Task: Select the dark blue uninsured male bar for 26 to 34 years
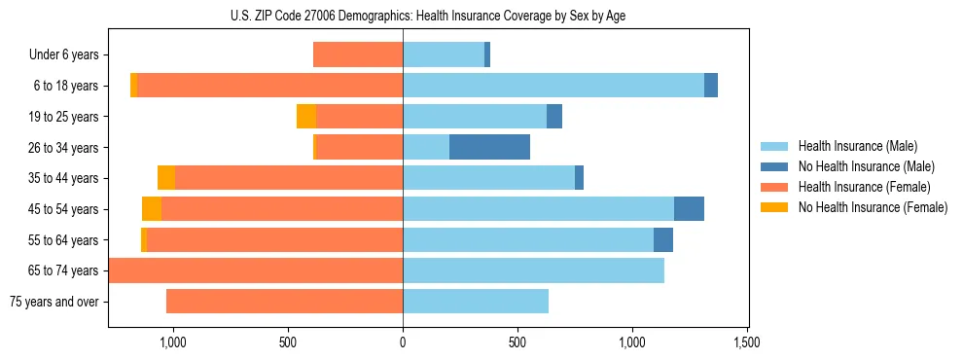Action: (x=489, y=147)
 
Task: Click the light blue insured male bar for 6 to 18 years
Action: (x=553, y=86)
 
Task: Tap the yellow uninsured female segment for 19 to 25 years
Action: (x=306, y=117)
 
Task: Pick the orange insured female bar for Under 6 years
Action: (x=358, y=54)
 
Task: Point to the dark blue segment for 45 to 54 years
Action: (x=689, y=209)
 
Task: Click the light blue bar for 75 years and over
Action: (x=476, y=302)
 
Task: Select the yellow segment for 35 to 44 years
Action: (x=166, y=178)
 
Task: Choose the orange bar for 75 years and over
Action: (x=284, y=302)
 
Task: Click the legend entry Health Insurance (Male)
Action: (x=857, y=146)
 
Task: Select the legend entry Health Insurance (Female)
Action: (x=864, y=187)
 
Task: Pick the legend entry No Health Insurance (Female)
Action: (x=873, y=207)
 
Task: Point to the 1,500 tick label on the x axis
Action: (x=747, y=342)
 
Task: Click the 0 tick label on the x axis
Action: (x=403, y=342)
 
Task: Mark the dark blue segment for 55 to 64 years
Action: (x=663, y=239)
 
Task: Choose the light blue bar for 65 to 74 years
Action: (x=533, y=270)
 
